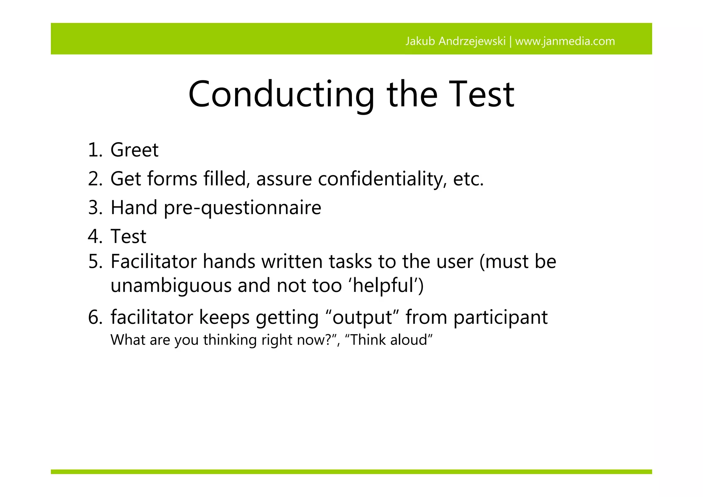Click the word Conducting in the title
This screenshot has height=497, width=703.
coord(281,94)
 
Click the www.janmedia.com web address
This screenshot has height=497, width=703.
coord(565,41)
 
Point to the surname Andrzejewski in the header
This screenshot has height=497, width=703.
coord(472,41)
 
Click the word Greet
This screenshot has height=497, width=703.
coord(134,150)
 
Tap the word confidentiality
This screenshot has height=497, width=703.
coord(382,179)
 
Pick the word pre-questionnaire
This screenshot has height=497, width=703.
coord(242,208)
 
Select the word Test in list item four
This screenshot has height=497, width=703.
coord(128,237)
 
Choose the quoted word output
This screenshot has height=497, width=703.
coord(362,317)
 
